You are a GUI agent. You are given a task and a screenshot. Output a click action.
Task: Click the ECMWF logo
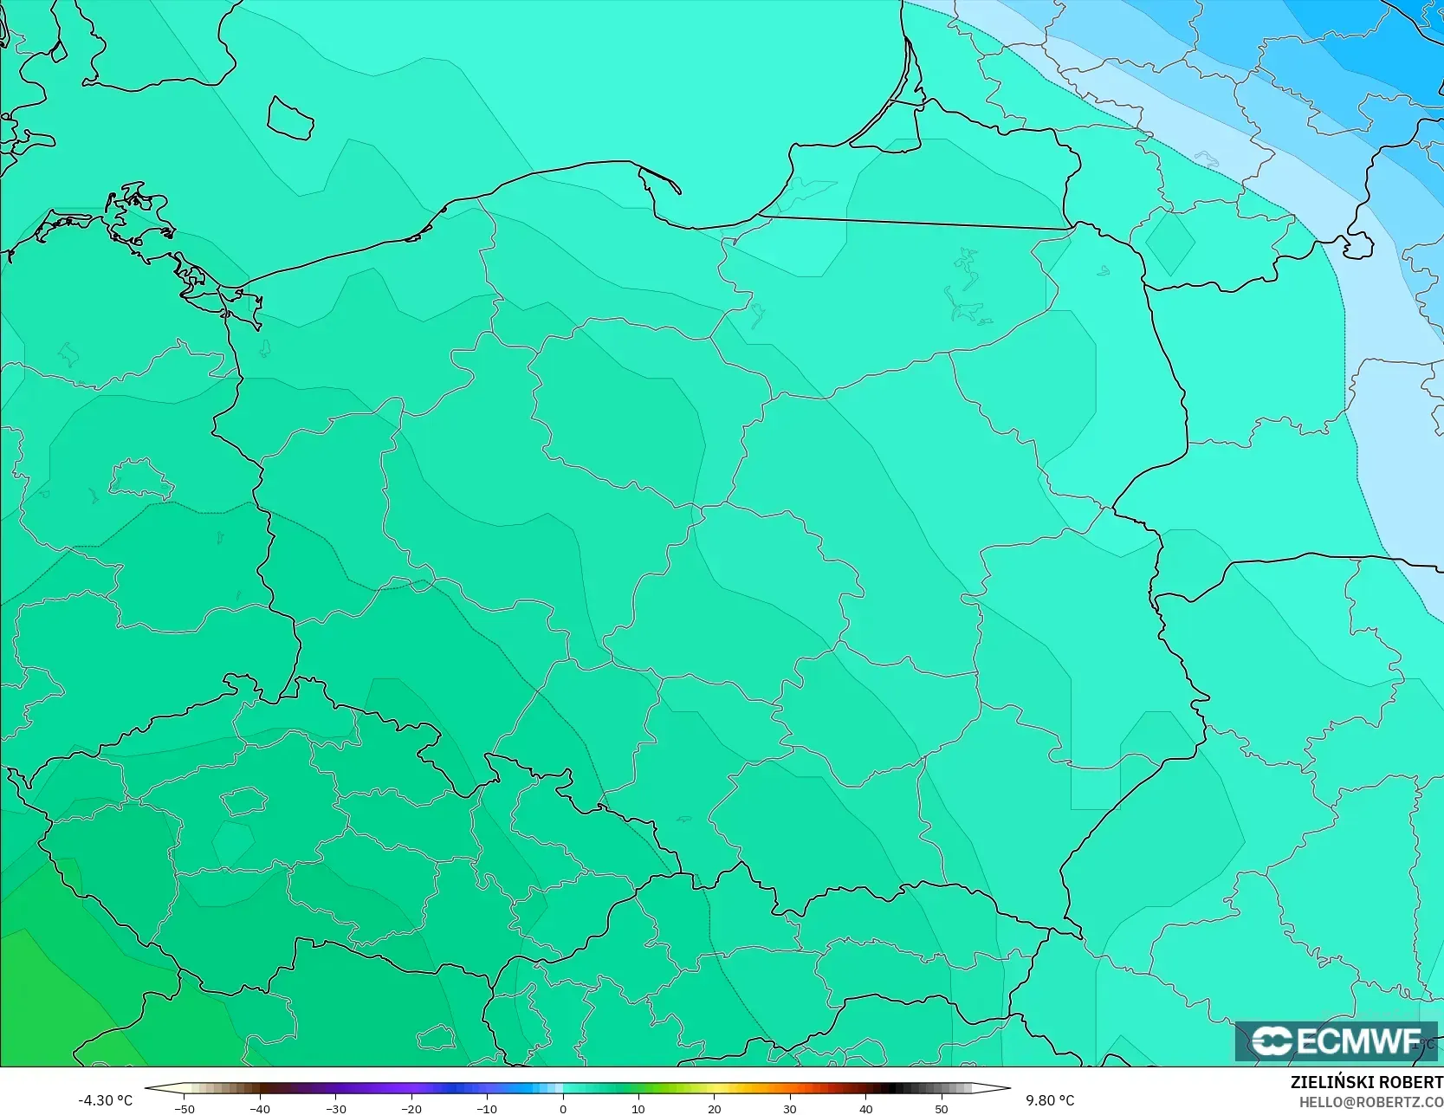tap(1336, 1040)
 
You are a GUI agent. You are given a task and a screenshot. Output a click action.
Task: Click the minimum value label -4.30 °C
tap(105, 1100)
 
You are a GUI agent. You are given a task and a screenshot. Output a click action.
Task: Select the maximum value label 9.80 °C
tap(1050, 1100)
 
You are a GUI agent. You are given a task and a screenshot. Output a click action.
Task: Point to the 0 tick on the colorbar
tap(563, 1109)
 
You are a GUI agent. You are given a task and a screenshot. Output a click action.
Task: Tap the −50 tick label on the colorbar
tap(184, 1109)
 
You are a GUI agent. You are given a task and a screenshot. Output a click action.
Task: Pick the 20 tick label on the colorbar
tap(714, 1109)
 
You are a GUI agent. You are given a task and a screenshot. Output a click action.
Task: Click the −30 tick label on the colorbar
tap(335, 1109)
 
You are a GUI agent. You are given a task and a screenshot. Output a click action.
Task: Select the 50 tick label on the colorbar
tap(941, 1109)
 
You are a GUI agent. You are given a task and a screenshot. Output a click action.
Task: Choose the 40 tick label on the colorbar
tap(865, 1109)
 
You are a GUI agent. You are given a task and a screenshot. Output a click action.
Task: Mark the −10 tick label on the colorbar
tap(487, 1109)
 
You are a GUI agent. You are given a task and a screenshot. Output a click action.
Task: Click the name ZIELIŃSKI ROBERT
tap(1366, 1083)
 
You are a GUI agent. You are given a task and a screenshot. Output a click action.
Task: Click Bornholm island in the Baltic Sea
tap(289, 118)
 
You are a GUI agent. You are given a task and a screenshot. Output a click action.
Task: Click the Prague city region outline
tap(243, 801)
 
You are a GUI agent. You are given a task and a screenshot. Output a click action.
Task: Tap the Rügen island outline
tap(139, 212)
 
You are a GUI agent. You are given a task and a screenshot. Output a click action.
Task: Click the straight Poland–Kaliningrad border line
tap(914, 223)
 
